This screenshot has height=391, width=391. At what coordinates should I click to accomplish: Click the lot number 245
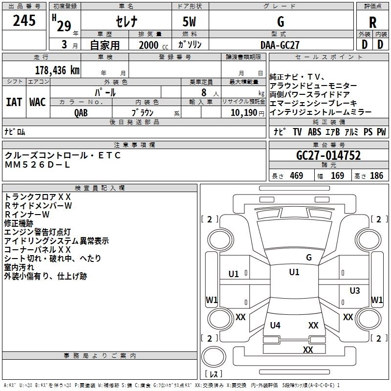coord(24,21)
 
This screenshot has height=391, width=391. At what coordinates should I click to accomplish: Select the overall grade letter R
coord(372,22)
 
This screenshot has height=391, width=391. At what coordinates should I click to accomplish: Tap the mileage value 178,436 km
coord(57,70)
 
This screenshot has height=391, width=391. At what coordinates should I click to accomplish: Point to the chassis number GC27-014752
coord(328,155)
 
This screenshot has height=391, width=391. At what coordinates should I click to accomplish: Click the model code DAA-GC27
coord(280,45)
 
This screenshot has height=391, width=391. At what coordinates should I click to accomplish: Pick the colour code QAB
coord(81,113)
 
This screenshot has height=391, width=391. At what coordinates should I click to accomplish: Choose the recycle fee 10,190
coord(244,113)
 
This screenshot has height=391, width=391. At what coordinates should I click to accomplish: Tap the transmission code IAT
coord(14,102)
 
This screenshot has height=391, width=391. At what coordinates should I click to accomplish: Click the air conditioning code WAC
coord(38,102)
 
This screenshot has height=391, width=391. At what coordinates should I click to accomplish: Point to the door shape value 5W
coord(189,22)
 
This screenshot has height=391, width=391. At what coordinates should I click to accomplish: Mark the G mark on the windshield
coord(309,258)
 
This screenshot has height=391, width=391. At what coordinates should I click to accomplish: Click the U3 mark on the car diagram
coord(355,290)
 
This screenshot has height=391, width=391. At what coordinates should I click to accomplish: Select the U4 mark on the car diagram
coord(275,325)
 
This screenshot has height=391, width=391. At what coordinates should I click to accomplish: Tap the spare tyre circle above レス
coord(214,357)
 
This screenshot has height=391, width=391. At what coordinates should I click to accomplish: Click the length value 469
coord(297,175)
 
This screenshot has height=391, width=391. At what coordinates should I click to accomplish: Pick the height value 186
coord(376,175)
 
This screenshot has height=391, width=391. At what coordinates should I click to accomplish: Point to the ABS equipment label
coord(314,132)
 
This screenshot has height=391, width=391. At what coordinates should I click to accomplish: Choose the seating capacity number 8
coord(204,92)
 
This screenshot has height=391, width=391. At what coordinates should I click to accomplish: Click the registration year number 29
coord(64,26)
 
